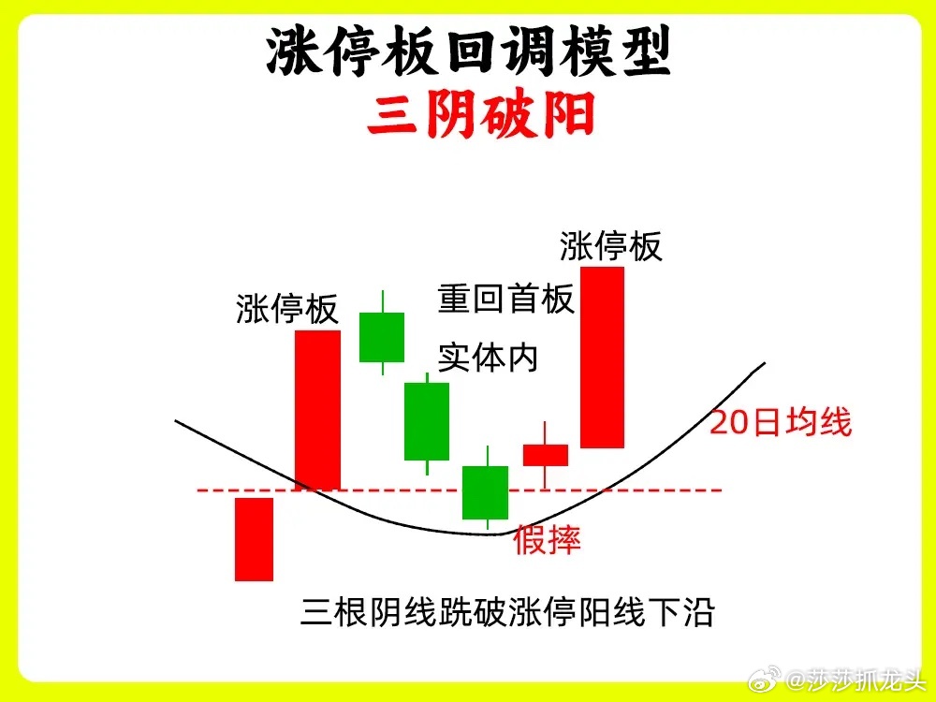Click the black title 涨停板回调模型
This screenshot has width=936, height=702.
[469, 51]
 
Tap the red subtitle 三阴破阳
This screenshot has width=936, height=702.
[481, 114]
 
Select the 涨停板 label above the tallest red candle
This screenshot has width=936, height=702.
[610, 246]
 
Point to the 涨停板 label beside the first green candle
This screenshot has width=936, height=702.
[287, 308]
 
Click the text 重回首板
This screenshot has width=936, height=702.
[505, 299]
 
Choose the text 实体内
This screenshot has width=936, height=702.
[489, 358]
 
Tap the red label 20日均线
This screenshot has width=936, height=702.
[781, 422]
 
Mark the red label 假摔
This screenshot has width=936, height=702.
[547, 540]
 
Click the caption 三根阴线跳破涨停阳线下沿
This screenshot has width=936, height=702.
[507, 612]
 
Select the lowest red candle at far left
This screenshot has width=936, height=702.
[254, 539]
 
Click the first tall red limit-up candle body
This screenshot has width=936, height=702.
[317, 410]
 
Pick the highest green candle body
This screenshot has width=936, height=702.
[382, 337]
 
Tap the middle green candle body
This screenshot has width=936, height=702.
[427, 421]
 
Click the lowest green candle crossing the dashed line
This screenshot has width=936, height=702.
[485, 492]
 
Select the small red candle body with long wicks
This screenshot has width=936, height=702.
[546, 455]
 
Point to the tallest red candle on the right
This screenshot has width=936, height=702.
[602, 358]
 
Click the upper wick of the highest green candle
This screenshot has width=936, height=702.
[383, 301]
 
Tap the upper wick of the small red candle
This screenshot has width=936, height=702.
[545, 432]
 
